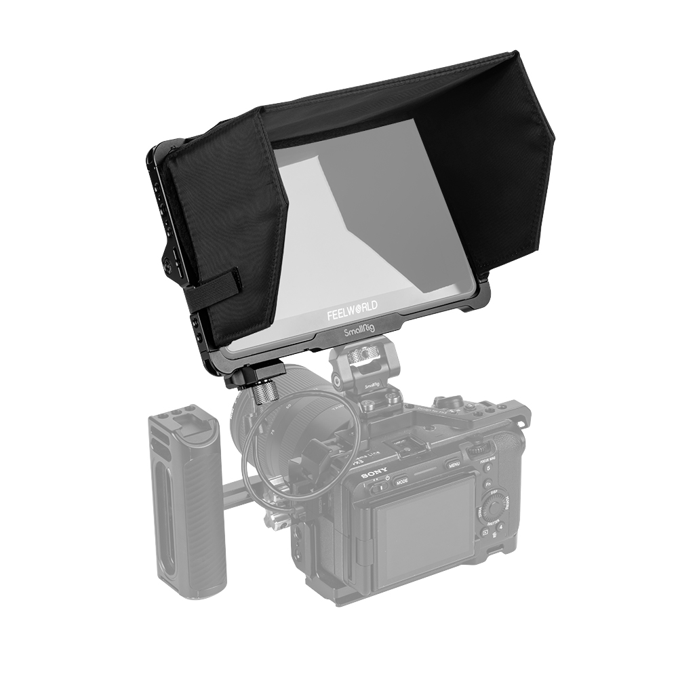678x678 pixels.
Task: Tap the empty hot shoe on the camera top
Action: [407, 447]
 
